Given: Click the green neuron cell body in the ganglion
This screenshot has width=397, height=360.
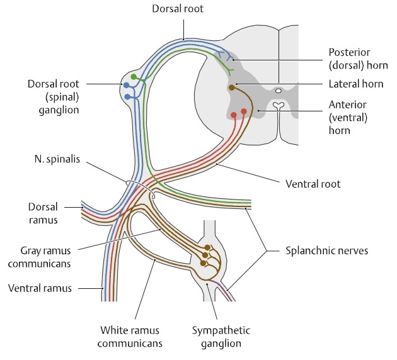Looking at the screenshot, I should pyautogui.click(x=133, y=77).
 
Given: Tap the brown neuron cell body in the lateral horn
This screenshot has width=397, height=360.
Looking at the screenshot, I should pyautogui.click(x=231, y=88).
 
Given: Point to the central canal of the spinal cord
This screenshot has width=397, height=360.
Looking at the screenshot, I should pyautogui.click(x=279, y=91).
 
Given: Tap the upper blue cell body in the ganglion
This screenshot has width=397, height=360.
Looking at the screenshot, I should pyautogui.click(x=127, y=85).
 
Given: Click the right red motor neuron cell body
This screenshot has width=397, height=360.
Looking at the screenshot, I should pyautogui.click(x=244, y=111).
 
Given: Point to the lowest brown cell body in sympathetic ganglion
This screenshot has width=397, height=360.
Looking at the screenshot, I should pyautogui.click(x=204, y=264).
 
